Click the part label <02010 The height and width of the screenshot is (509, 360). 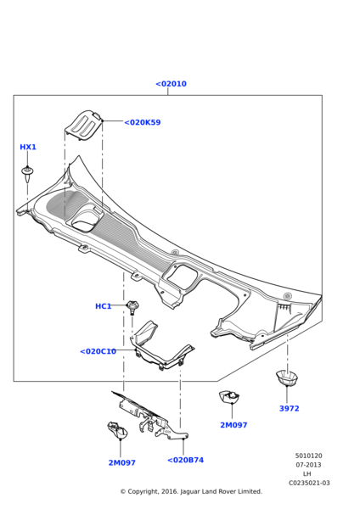(171, 84)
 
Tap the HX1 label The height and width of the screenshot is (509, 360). (28, 147)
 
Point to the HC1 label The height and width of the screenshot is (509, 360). (103, 306)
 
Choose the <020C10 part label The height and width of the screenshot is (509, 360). (98, 351)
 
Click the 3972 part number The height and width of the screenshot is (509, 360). (289, 408)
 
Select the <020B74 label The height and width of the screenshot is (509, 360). (185, 460)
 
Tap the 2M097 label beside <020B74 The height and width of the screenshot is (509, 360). (121, 463)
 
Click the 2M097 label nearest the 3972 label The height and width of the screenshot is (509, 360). (233, 425)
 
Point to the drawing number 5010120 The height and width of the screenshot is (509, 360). (308, 456)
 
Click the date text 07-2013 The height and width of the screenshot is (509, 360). (308, 465)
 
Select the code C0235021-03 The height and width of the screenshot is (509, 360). (308, 483)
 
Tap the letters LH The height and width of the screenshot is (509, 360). (307, 473)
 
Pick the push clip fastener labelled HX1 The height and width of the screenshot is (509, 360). (28, 175)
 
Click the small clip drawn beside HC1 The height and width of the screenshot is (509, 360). (132, 305)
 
